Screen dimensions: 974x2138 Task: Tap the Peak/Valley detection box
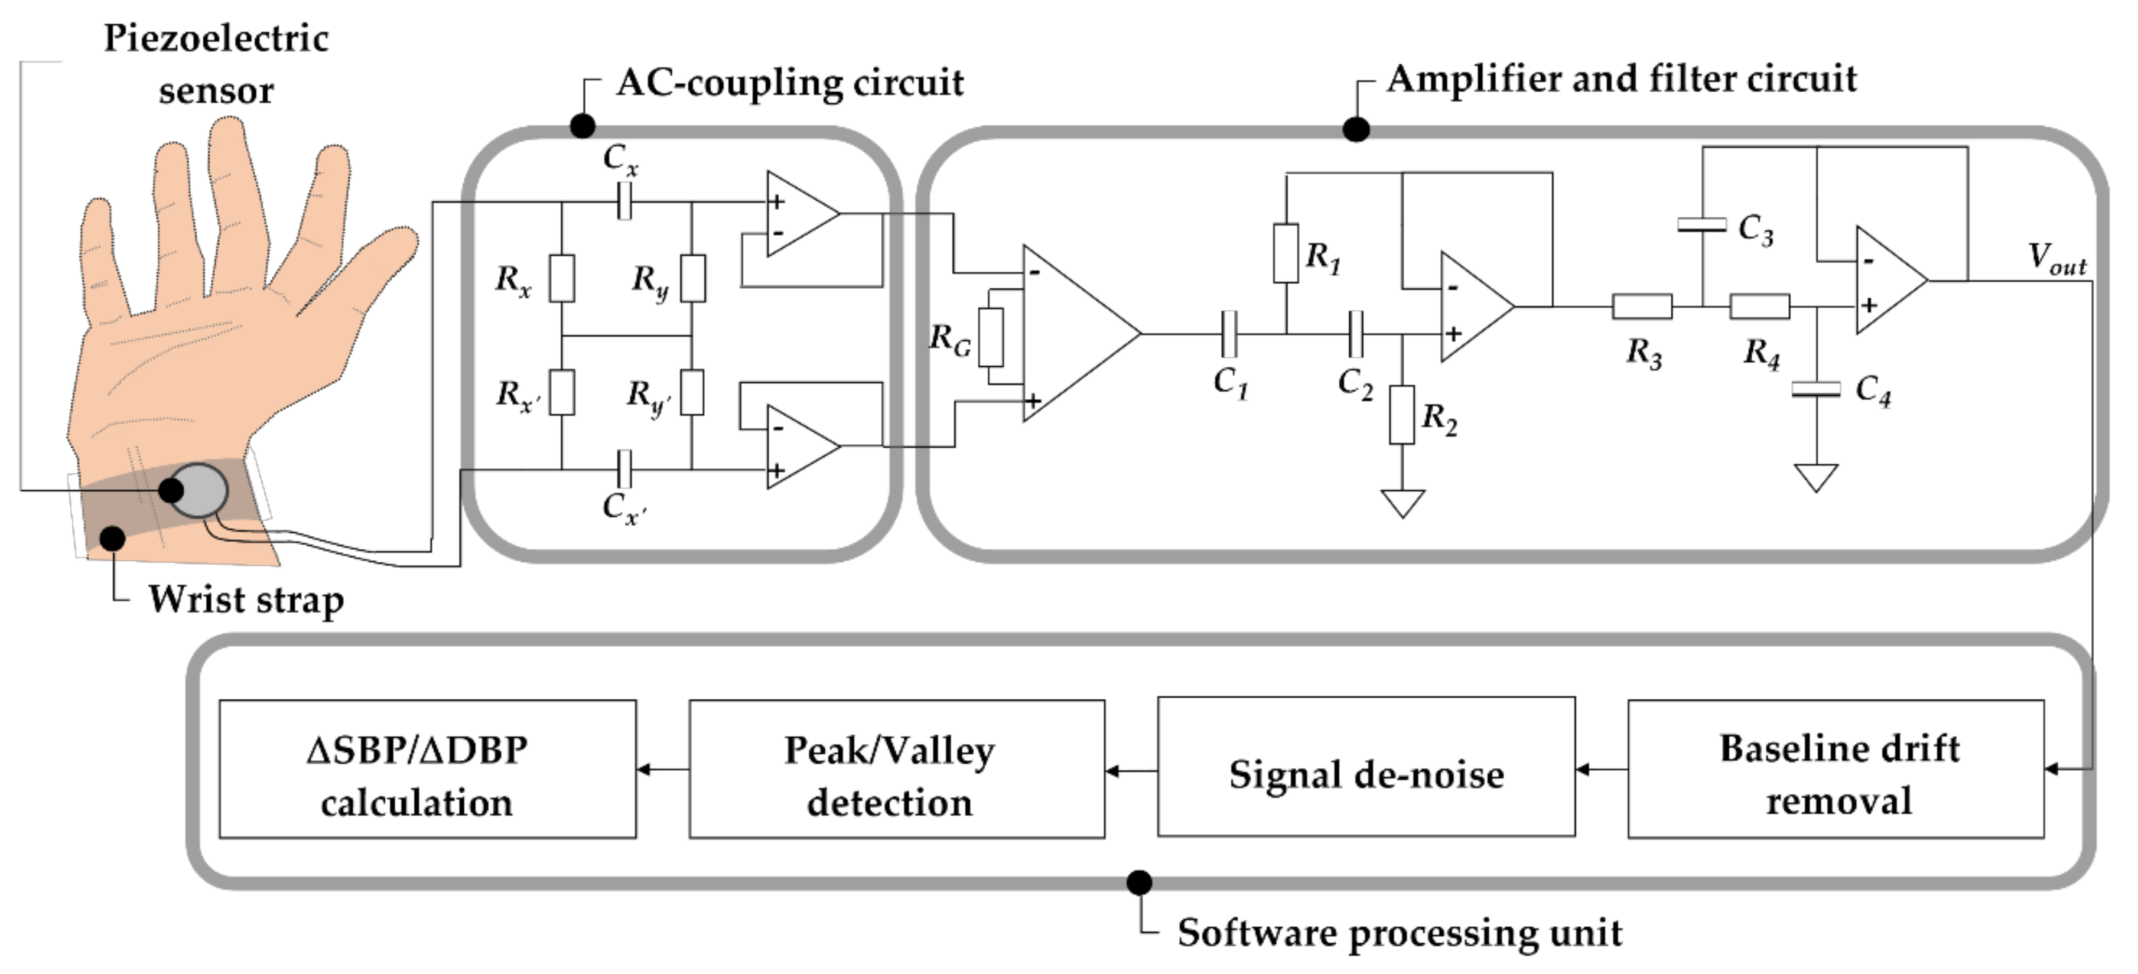point(896,769)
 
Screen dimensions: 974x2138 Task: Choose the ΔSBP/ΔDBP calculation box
point(428,769)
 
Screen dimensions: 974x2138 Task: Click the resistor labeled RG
point(990,337)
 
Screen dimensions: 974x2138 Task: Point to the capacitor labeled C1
point(1229,334)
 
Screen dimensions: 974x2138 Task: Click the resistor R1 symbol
point(1286,252)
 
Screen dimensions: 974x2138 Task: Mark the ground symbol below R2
point(1402,503)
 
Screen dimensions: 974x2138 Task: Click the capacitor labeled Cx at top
point(624,201)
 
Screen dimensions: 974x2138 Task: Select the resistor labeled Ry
point(693,278)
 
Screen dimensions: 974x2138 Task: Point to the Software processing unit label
point(1400,933)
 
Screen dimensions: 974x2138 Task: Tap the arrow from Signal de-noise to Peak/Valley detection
point(1130,771)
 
